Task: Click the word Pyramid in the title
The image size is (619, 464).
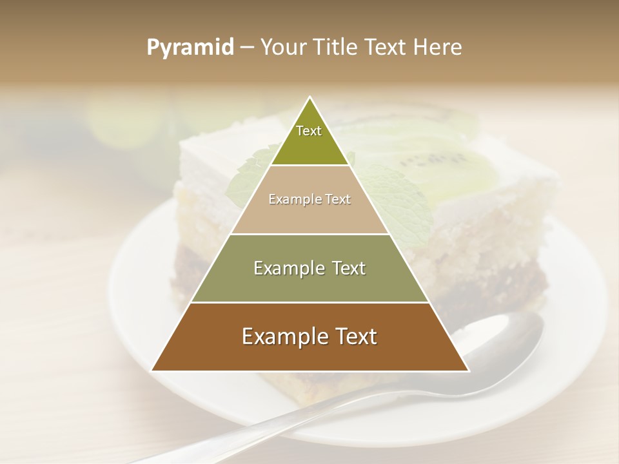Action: click(190, 48)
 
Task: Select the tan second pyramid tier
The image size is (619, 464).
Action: click(309, 209)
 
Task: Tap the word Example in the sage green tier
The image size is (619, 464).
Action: click(281, 268)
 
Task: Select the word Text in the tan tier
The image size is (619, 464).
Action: click(336, 199)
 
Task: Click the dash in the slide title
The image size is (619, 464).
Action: click(246, 48)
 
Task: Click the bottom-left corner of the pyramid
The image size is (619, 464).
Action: click(152, 371)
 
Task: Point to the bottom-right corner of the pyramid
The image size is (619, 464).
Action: click(469, 371)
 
